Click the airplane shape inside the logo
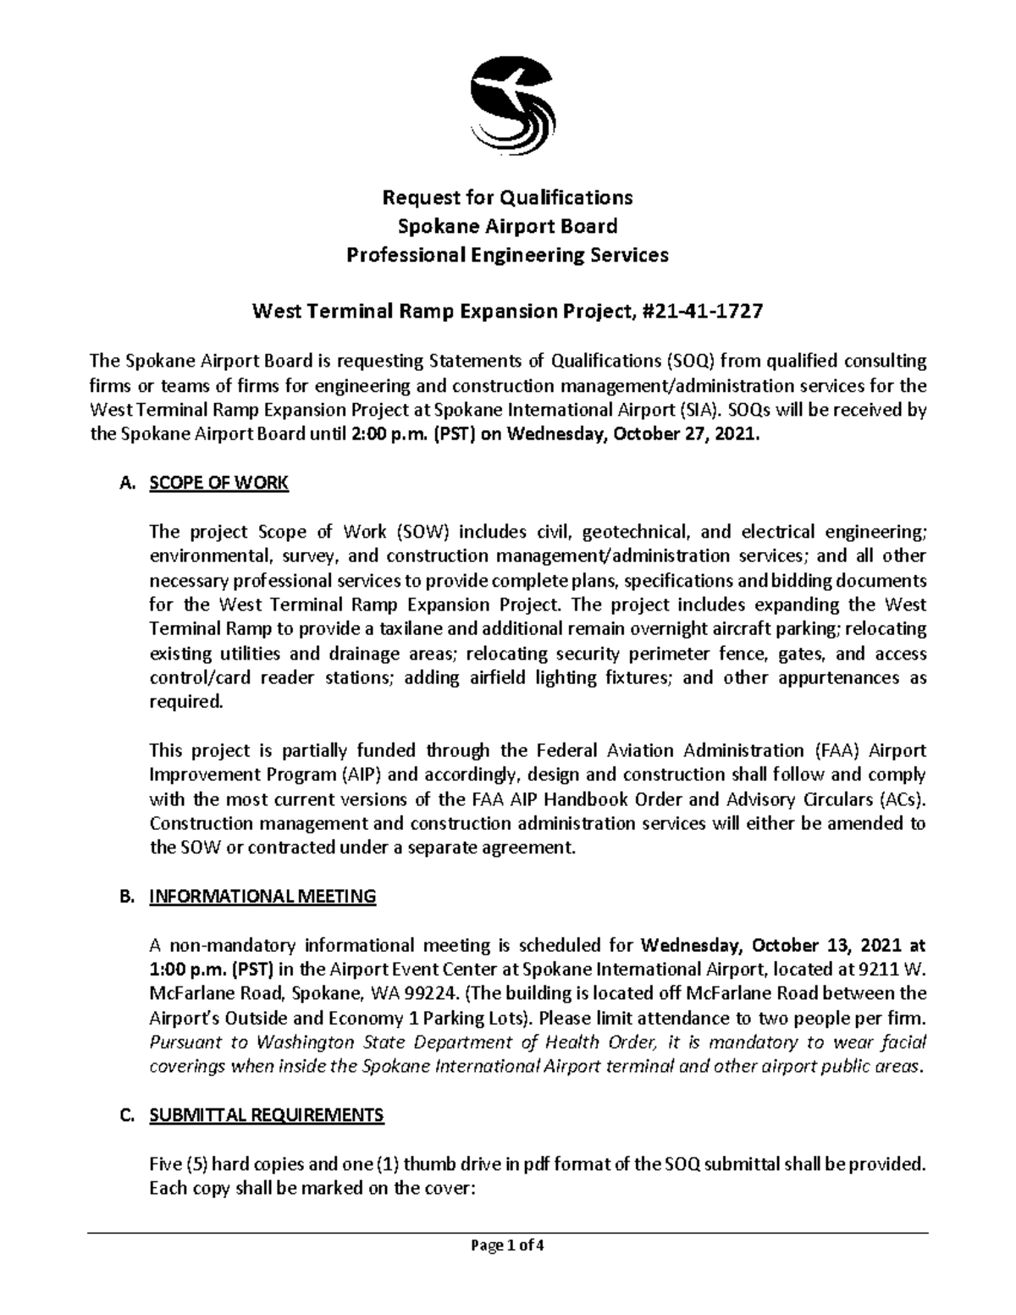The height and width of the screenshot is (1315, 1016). tap(508, 85)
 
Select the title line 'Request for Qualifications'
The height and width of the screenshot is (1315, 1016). tap(507, 198)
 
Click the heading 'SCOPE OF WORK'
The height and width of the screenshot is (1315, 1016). tap(218, 483)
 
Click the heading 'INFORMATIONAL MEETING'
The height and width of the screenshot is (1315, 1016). tap(262, 897)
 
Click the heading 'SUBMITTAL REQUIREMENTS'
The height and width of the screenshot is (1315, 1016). tap(266, 1115)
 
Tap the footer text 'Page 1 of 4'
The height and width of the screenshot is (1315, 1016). tap(508, 1269)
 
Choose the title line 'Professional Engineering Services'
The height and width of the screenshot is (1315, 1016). tap(507, 255)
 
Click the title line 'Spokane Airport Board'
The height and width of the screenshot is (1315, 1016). tap(507, 226)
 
